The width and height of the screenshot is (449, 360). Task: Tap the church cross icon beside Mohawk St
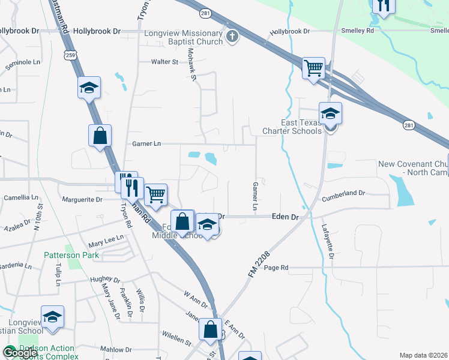pos(232,38)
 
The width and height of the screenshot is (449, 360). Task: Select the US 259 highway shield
pos(71,55)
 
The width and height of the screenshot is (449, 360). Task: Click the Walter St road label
pos(164,62)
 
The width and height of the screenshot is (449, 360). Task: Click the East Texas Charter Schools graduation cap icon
pos(330,113)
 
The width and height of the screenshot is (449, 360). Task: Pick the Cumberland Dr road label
pos(343,193)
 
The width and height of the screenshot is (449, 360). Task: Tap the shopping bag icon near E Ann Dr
pos(210,329)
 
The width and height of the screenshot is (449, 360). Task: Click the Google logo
pos(20,353)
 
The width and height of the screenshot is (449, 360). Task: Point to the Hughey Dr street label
pos(105,279)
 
